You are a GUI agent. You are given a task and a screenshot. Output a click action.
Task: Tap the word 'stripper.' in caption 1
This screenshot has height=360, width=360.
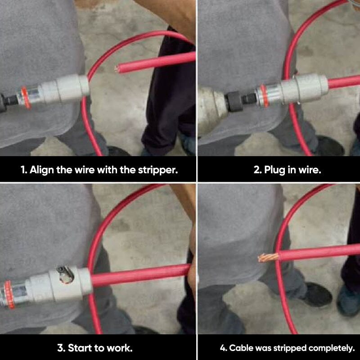tap(158, 170)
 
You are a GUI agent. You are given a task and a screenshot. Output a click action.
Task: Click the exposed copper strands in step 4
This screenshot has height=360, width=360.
tap(268, 257)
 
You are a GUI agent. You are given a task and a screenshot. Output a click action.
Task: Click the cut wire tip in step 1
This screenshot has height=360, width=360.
tap(117, 68)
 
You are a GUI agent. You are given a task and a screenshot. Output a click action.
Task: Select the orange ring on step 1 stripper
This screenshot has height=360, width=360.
tap(26, 97)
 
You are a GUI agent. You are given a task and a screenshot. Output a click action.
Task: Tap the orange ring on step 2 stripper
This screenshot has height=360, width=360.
tap(264, 95)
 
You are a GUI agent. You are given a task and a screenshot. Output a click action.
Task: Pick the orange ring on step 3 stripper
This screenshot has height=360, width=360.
tap(9, 294)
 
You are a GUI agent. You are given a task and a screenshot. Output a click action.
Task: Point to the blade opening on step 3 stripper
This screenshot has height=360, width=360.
tap(66, 274)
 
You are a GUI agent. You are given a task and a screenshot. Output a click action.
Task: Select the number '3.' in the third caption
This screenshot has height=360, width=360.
tap(61, 348)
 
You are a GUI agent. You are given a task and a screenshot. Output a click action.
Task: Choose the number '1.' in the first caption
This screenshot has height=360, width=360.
tap(24, 170)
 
